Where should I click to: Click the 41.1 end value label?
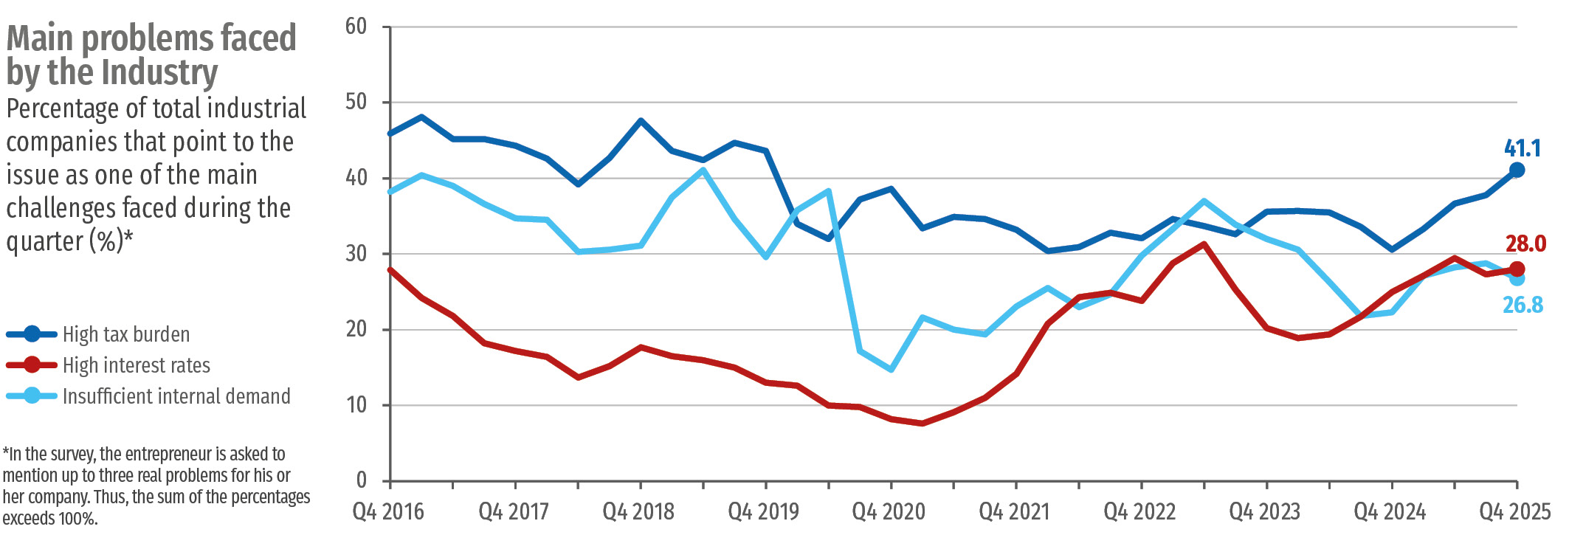(x=1522, y=148)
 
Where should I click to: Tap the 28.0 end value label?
(x=1525, y=244)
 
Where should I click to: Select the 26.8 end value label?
(x=1523, y=305)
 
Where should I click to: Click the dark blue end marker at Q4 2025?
(x=1517, y=170)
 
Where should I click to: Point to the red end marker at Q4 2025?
(x=1517, y=269)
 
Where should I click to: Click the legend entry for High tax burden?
(x=125, y=334)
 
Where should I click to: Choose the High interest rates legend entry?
(x=136, y=365)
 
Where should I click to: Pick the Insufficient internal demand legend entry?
(x=176, y=396)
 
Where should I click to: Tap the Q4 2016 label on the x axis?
(x=388, y=511)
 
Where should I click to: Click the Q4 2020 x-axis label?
(x=889, y=511)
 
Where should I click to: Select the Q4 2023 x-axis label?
(x=1264, y=511)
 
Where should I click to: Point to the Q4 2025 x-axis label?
(x=1514, y=511)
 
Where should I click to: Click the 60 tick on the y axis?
(x=356, y=27)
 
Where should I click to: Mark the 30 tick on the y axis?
(x=356, y=254)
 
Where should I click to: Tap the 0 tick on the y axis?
(x=361, y=480)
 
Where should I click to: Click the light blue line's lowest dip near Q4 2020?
(x=891, y=369)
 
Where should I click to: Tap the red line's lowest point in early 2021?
(x=922, y=423)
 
